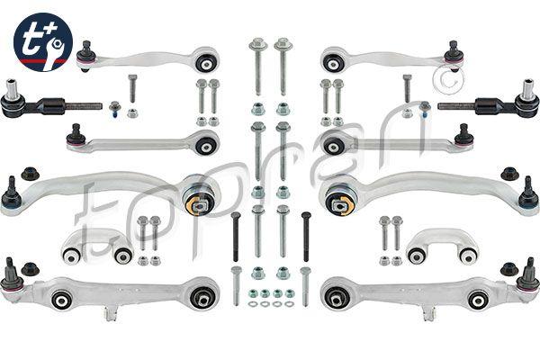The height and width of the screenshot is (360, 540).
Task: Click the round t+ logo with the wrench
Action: (43, 42)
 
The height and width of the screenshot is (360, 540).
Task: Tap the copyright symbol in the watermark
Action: (448, 80)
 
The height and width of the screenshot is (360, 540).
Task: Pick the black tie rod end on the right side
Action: (489, 103)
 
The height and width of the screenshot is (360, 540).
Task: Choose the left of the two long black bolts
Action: (236, 237)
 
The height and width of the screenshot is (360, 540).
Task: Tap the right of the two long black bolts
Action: (306, 237)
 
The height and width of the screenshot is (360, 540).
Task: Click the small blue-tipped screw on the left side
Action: (114, 108)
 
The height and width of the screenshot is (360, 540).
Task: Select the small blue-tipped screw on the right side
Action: (425, 108)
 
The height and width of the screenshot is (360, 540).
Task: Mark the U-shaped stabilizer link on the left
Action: (97, 246)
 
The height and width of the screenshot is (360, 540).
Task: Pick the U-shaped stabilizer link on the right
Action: (442, 246)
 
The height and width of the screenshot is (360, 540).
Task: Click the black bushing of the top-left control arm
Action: (207, 63)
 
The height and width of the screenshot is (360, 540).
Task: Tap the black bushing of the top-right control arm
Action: (333, 63)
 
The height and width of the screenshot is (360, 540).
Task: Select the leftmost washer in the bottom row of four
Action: (252, 304)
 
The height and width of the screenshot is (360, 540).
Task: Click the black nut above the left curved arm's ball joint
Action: (31, 174)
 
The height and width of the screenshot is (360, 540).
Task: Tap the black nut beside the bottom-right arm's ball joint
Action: (509, 269)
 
